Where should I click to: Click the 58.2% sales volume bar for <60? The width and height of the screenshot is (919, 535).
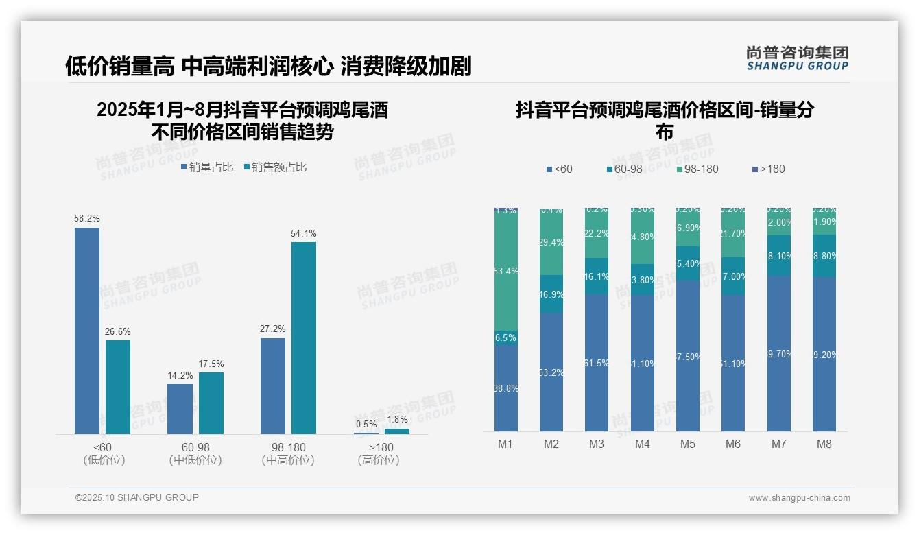point(87,331)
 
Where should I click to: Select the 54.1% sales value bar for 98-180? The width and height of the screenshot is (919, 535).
point(304,337)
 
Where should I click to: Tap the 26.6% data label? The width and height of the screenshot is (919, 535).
point(118,331)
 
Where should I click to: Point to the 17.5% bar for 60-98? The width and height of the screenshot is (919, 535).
point(211,403)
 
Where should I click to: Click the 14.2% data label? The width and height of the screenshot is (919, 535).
point(180,375)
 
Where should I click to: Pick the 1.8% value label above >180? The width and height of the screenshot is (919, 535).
point(397,419)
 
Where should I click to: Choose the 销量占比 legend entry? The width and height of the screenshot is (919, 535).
point(206,167)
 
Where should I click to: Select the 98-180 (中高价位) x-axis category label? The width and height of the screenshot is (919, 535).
point(288,453)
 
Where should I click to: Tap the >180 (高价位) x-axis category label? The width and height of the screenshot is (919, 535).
point(379,453)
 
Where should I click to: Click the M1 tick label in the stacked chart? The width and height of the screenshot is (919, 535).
point(505,444)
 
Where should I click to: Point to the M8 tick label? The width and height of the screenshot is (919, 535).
point(824,444)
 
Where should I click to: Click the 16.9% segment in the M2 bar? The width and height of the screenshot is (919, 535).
point(551,294)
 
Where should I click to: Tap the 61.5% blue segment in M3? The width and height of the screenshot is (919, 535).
point(597,362)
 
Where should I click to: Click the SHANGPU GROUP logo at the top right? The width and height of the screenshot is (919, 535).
point(797,58)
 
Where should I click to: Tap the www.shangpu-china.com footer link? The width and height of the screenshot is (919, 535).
point(799,498)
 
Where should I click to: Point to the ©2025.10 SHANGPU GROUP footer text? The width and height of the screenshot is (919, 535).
point(137,497)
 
